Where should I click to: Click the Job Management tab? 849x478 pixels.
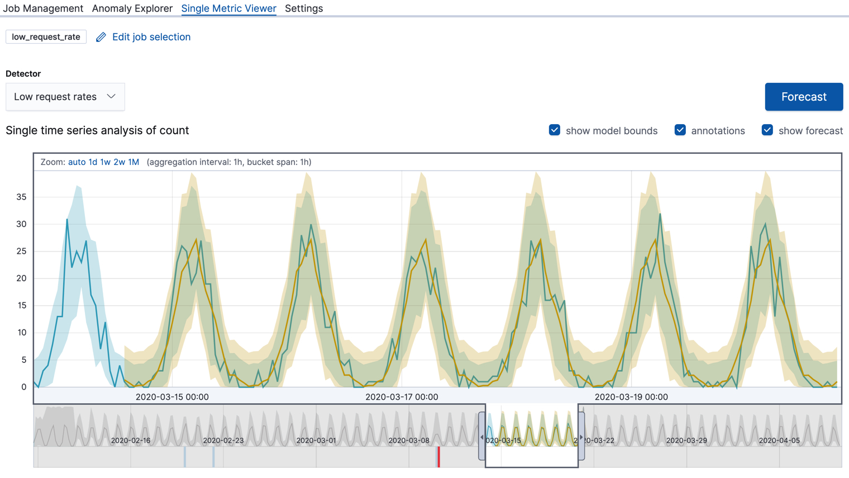43,8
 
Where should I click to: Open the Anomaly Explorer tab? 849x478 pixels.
132,8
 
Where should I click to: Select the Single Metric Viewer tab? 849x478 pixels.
228,8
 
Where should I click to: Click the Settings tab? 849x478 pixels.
304,8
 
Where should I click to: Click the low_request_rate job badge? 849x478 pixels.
46,37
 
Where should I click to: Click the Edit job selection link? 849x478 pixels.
151,37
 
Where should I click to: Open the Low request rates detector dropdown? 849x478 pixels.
65,97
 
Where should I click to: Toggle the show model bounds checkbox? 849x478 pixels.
555,130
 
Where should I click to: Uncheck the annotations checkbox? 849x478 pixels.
680,130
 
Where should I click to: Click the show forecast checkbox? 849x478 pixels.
767,130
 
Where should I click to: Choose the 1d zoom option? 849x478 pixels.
93,162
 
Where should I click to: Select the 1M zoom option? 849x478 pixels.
133,162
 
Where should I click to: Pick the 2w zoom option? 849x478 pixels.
119,162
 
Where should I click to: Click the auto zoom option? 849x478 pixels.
77,162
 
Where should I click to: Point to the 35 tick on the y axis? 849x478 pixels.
21,197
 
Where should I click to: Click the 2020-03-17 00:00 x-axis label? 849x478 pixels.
402,397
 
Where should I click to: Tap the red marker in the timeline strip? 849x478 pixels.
438,457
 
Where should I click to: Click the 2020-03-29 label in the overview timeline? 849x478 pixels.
686,441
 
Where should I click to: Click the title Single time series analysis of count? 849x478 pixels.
97,130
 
